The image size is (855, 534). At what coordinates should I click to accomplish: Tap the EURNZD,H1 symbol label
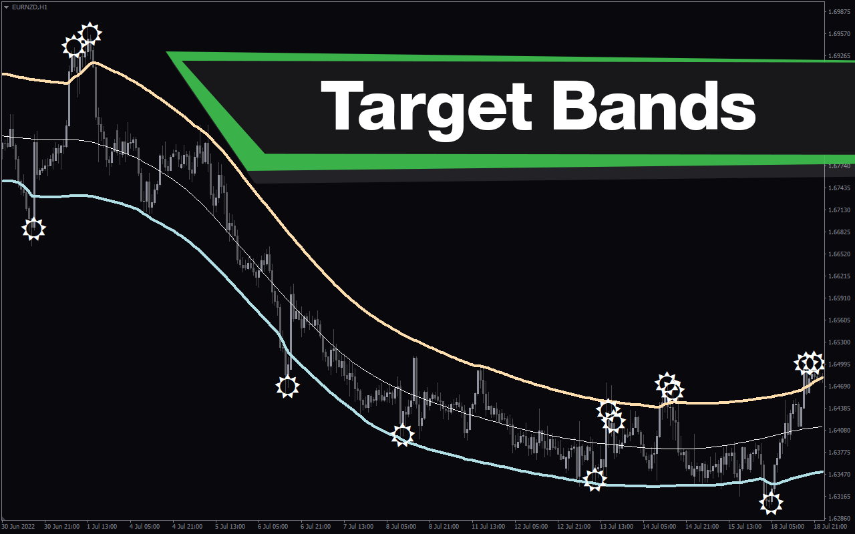(30, 7)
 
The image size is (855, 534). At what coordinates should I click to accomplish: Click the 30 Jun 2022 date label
(18, 527)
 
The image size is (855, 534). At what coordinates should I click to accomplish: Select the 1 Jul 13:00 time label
(102, 527)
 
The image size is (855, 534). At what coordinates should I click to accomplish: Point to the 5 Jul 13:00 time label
(230, 527)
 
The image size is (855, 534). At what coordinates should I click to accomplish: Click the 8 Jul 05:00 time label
(401, 527)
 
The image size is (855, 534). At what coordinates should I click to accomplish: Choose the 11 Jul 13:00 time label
(488, 527)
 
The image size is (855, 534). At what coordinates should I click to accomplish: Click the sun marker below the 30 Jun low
(33, 229)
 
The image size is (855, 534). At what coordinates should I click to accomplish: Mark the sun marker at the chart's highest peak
(90, 34)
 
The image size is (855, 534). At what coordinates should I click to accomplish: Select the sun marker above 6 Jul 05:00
(287, 386)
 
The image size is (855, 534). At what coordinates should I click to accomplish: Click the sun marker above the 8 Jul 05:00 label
(402, 435)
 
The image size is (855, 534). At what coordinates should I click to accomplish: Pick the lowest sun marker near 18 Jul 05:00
(771, 503)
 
